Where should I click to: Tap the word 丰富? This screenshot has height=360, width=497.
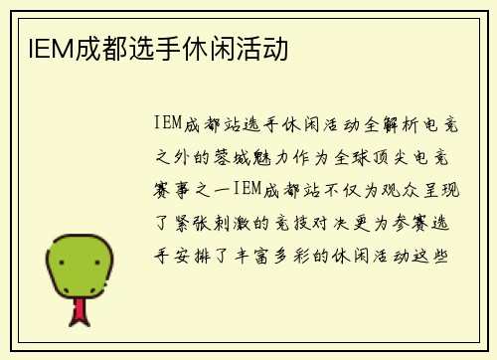tap(254, 256)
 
